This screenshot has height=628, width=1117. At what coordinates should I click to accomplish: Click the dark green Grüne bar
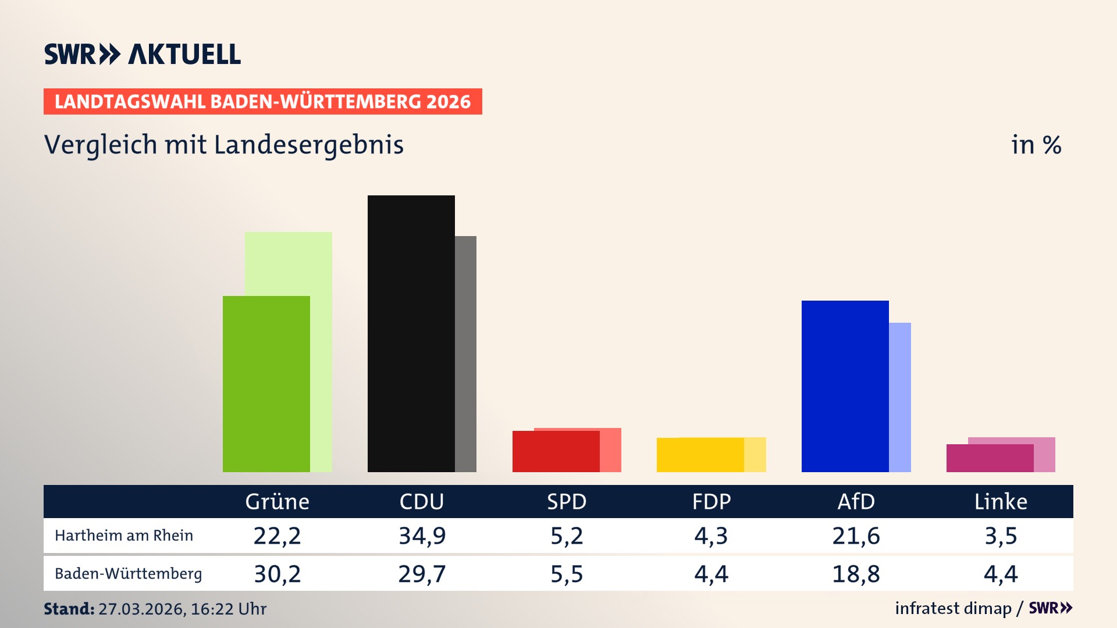(266, 384)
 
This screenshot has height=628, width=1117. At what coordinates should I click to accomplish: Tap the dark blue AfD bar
(845, 386)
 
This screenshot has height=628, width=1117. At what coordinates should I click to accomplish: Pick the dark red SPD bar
(556, 451)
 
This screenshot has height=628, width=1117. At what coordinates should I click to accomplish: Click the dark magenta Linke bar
(990, 458)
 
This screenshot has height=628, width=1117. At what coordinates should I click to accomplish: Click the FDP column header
(711, 502)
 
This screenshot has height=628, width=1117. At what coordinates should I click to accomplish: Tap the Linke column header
(1001, 502)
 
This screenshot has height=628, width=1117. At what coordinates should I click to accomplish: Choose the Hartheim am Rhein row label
(124, 536)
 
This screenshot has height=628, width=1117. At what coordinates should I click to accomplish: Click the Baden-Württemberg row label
(129, 574)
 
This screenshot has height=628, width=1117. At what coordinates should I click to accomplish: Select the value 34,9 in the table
(422, 536)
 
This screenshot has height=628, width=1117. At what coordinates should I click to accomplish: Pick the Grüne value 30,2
(277, 574)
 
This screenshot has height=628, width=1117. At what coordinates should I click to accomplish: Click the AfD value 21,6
(856, 536)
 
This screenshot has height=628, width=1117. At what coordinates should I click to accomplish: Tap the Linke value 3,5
(1001, 536)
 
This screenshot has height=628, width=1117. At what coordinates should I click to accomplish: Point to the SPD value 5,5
(567, 574)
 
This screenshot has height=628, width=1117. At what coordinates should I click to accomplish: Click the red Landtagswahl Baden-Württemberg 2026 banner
(262, 102)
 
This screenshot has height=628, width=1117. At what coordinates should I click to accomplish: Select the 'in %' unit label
(1036, 145)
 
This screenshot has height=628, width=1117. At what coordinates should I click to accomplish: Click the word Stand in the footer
(69, 609)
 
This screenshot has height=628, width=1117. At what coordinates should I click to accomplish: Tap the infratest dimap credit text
(953, 608)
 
